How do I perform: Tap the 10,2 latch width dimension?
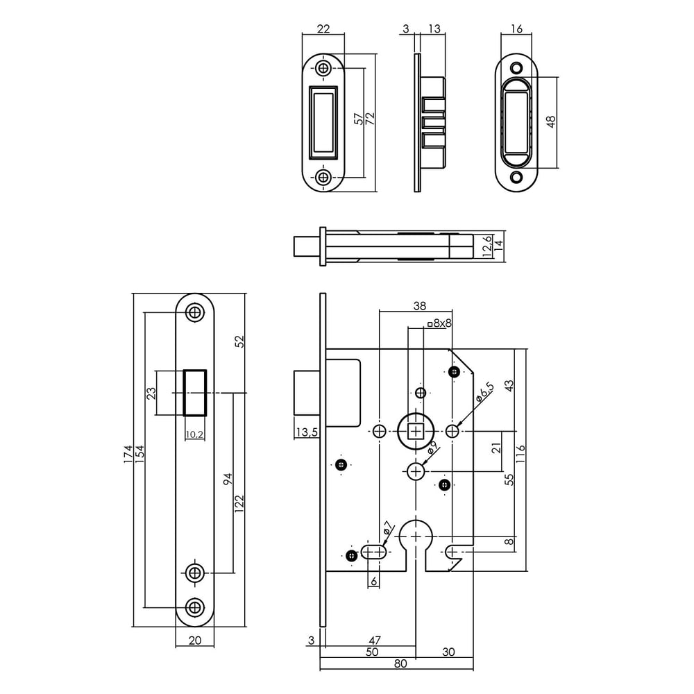point(194,435)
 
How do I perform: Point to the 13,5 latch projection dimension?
point(305,432)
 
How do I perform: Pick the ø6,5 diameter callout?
point(485,392)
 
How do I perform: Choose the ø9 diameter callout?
point(431,448)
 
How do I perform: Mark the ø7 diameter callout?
point(388,528)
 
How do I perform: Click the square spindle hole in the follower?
point(416,432)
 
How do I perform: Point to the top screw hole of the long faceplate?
point(194,313)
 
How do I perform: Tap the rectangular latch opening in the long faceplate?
point(194,392)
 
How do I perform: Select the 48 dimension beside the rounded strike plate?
point(551,121)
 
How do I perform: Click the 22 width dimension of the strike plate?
point(323,28)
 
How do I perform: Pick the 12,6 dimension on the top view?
point(488,246)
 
